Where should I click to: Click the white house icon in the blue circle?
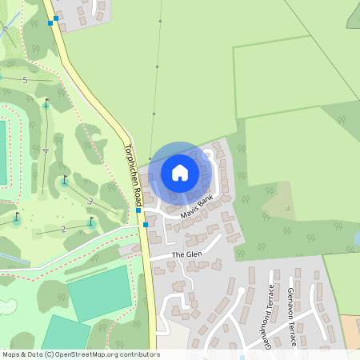[180, 172]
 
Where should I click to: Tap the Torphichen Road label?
[133, 172]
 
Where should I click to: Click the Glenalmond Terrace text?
[271, 316]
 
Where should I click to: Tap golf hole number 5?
[25, 80]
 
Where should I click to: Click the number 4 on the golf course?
[46, 150]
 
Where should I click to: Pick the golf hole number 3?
[90, 202]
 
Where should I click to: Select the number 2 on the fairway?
[62, 230]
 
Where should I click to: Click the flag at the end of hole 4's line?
[46, 102]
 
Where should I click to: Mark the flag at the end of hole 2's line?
[16, 217]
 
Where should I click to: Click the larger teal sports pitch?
[99, 290]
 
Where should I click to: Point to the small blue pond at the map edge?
[356, 238]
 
